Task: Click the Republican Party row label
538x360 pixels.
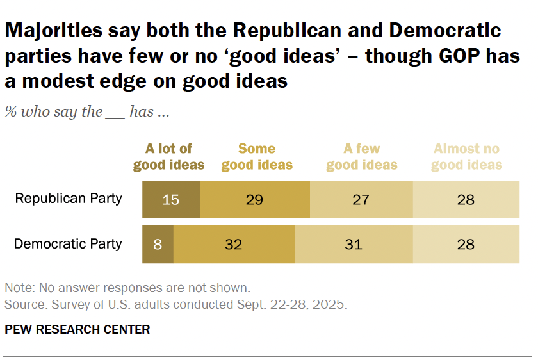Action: [x=68, y=199]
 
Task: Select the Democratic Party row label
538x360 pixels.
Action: [x=68, y=244]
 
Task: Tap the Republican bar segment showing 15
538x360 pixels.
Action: [x=170, y=199]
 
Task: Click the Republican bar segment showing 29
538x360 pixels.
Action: [x=255, y=199]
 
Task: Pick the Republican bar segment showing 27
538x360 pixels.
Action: [x=361, y=199]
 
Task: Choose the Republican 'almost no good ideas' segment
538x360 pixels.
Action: [x=466, y=199]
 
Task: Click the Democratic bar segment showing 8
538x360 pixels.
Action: [x=158, y=245]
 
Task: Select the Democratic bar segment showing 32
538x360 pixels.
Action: [x=234, y=245]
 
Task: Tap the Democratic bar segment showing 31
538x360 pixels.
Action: [x=354, y=245]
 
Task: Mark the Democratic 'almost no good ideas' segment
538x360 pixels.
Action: [x=466, y=245]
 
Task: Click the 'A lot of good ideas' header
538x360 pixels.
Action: [x=168, y=157]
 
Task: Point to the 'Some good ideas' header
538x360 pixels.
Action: [x=257, y=157]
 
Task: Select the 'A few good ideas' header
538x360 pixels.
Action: [x=361, y=157]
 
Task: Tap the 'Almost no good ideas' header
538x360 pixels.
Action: [x=466, y=157]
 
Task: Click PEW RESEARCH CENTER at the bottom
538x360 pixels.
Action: [x=77, y=330]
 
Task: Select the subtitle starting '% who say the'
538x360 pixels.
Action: [x=87, y=111]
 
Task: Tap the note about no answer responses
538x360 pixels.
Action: [x=127, y=287]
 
